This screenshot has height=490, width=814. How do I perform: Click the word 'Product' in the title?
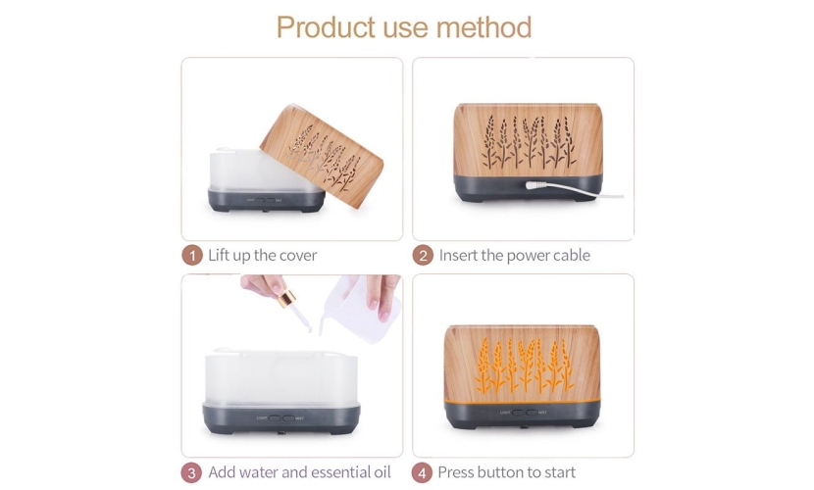click(x=326, y=27)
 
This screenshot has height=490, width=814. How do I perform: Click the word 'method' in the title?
click(x=483, y=27)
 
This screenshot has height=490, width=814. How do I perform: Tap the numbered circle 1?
click(x=192, y=256)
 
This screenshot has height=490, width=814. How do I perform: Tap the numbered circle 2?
click(x=423, y=256)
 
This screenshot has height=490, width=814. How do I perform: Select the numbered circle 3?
click(x=191, y=473)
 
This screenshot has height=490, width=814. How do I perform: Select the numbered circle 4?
click(x=422, y=473)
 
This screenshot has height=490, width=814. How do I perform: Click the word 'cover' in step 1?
click(x=298, y=256)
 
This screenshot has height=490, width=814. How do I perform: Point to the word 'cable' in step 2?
click(x=572, y=256)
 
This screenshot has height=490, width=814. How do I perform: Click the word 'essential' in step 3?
click(x=334, y=472)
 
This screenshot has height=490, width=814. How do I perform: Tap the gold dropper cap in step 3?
click(x=286, y=299)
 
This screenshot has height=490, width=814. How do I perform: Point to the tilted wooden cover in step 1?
click(x=322, y=156)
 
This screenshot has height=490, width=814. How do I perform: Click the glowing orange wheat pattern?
click(x=526, y=365)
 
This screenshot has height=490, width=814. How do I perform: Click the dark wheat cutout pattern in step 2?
click(x=529, y=141)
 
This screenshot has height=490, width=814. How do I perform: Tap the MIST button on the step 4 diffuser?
click(x=532, y=413)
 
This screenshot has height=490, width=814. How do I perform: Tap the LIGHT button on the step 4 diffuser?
click(x=518, y=413)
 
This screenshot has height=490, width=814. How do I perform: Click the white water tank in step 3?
click(x=280, y=377)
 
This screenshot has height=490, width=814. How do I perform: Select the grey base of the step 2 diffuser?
click(x=528, y=189)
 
